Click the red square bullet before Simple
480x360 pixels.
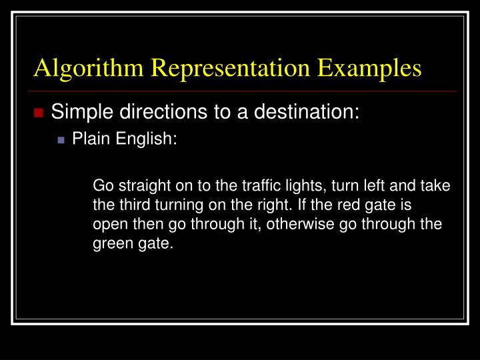click(x=39, y=112)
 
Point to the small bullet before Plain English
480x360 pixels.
click(x=62, y=140)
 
